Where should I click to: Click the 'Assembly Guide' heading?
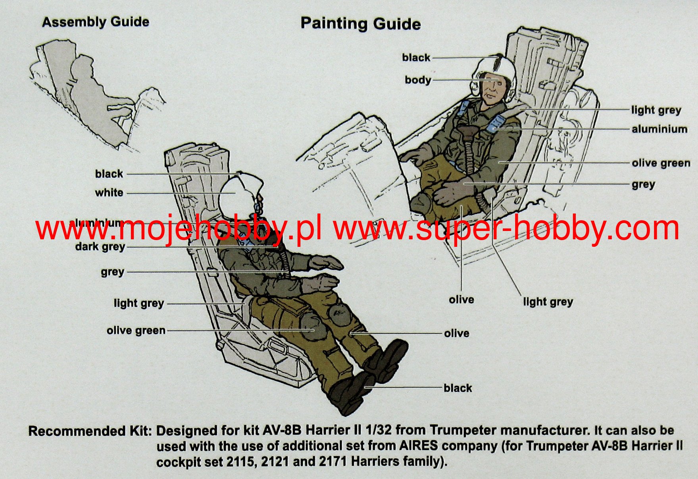[96, 22]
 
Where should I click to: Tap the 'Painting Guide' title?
[360, 24]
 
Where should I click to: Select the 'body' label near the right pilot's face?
[417, 80]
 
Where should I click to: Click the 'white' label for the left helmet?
[109, 193]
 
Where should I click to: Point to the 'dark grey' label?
[100, 247]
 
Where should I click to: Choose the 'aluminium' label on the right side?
[660, 129]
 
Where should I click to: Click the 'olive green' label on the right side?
[661, 163]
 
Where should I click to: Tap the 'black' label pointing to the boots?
[458, 388]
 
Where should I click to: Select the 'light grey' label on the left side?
[138, 304]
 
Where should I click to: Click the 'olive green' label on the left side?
[136, 331]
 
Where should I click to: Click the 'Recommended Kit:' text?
[90, 431]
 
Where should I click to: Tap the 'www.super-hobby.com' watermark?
[506, 229]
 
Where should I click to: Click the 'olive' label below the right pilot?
[461, 300]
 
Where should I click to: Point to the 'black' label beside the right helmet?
[416, 58]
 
